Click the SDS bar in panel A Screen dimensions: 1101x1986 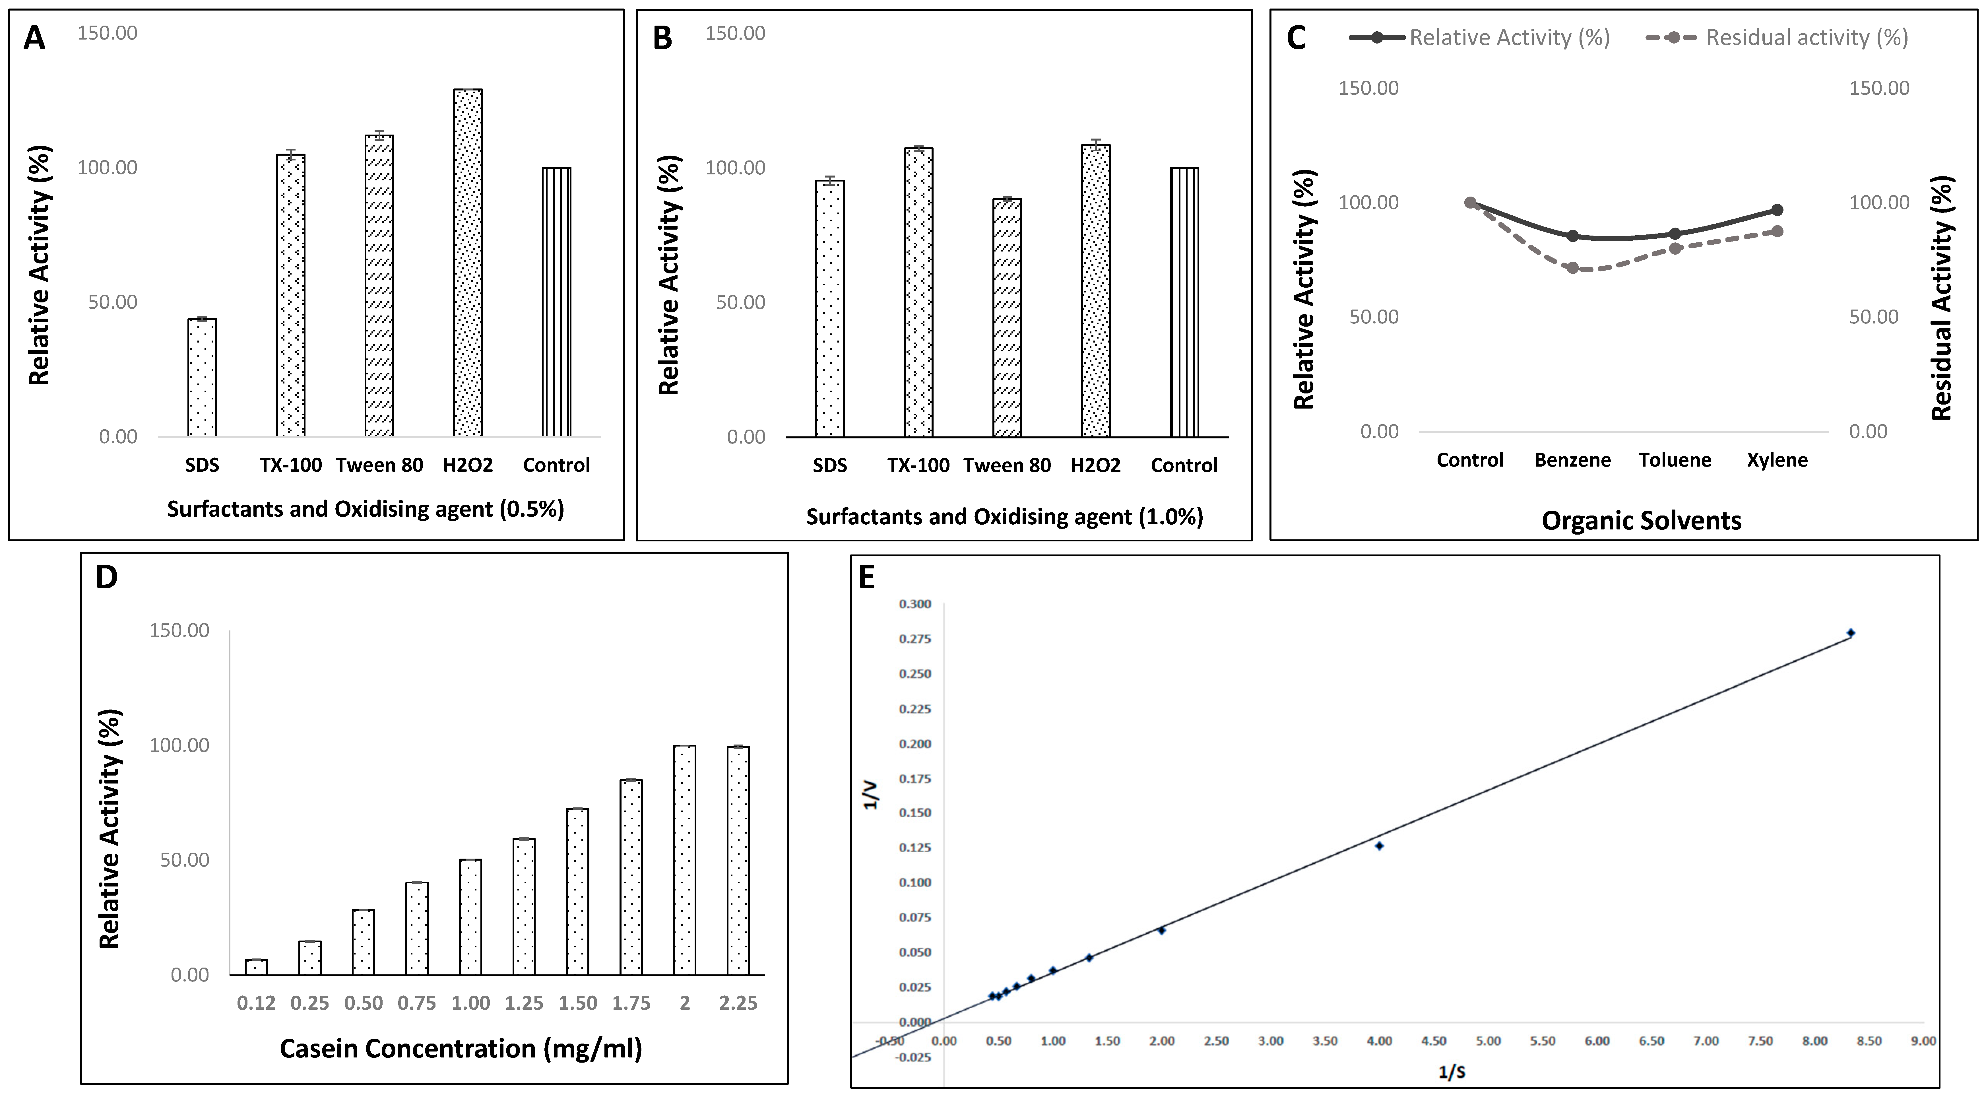click(x=202, y=378)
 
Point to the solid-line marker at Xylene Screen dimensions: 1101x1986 click(x=1778, y=210)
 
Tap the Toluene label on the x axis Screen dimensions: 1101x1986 click(x=1675, y=460)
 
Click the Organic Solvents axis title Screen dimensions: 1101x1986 click(x=1641, y=520)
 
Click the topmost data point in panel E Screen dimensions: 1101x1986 click(x=1850, y=633)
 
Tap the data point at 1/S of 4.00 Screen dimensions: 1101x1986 click(x=1379, y=846)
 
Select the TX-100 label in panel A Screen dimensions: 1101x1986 click(x=291, y=465)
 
